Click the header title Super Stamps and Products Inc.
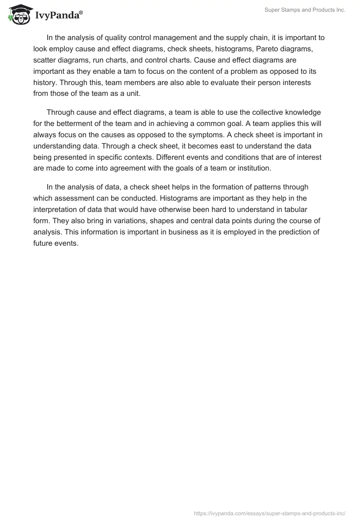point(305,10)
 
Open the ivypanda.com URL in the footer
point(269,513)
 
